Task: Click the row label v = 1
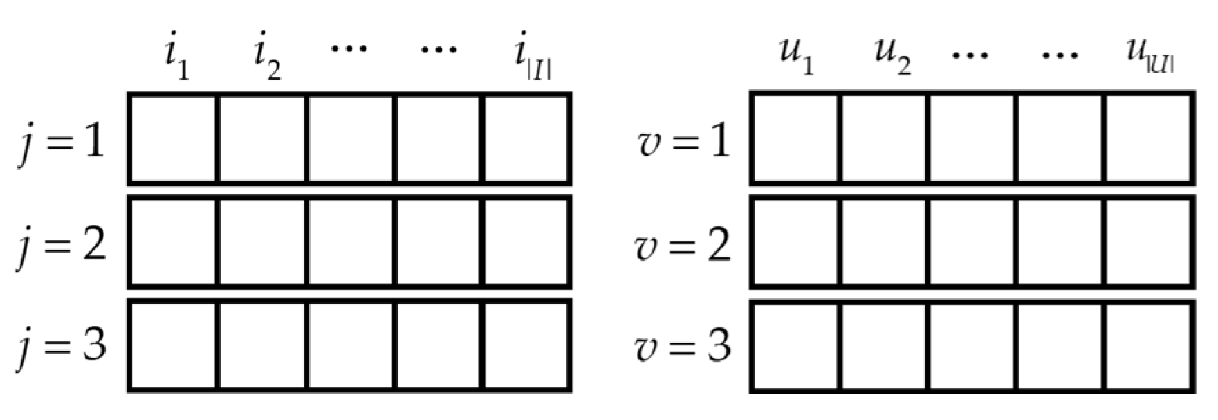[683, 143]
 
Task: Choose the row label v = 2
[683, 244]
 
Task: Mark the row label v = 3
[683, 345]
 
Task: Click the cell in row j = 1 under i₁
[173, 138]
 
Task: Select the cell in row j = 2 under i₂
[262, 241]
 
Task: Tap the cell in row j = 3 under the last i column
[527, 345]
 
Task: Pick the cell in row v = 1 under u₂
[884, 138]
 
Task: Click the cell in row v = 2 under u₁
[795, 241]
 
